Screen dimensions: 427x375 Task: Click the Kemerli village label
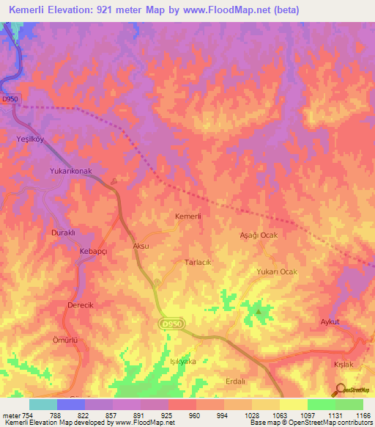[x=188, y=216]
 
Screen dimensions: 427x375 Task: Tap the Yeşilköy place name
[x=31, y=138]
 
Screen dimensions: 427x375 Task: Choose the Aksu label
[x=141, y=246]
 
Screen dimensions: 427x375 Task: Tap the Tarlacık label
[x=198, y=262]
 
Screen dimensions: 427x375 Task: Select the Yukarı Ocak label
[x=277, y=271]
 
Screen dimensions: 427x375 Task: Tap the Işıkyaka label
[x=182, y=362]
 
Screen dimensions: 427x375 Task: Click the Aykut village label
[x=332, y=321]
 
